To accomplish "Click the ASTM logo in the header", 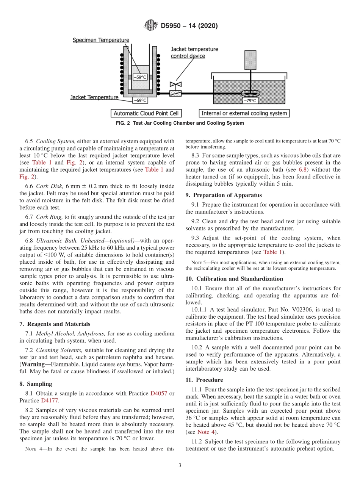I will click(150, 26).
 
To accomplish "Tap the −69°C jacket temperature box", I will click(140, 100).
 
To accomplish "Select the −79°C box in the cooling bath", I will click(250, 100).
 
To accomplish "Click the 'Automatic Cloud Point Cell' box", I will click(146, 113).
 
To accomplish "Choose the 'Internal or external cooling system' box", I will click(244, 113).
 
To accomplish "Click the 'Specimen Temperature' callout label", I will click(101, 40).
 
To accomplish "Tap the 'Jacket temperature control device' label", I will click(194, 52).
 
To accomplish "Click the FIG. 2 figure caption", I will click(180, 123).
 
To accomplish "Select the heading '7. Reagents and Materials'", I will click(55, 324).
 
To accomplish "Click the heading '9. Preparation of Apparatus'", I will click(224, 196).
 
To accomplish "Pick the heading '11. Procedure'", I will click(204, 380).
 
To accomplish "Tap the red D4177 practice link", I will click(48, 401).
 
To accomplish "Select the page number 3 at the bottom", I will click(180, 465).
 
